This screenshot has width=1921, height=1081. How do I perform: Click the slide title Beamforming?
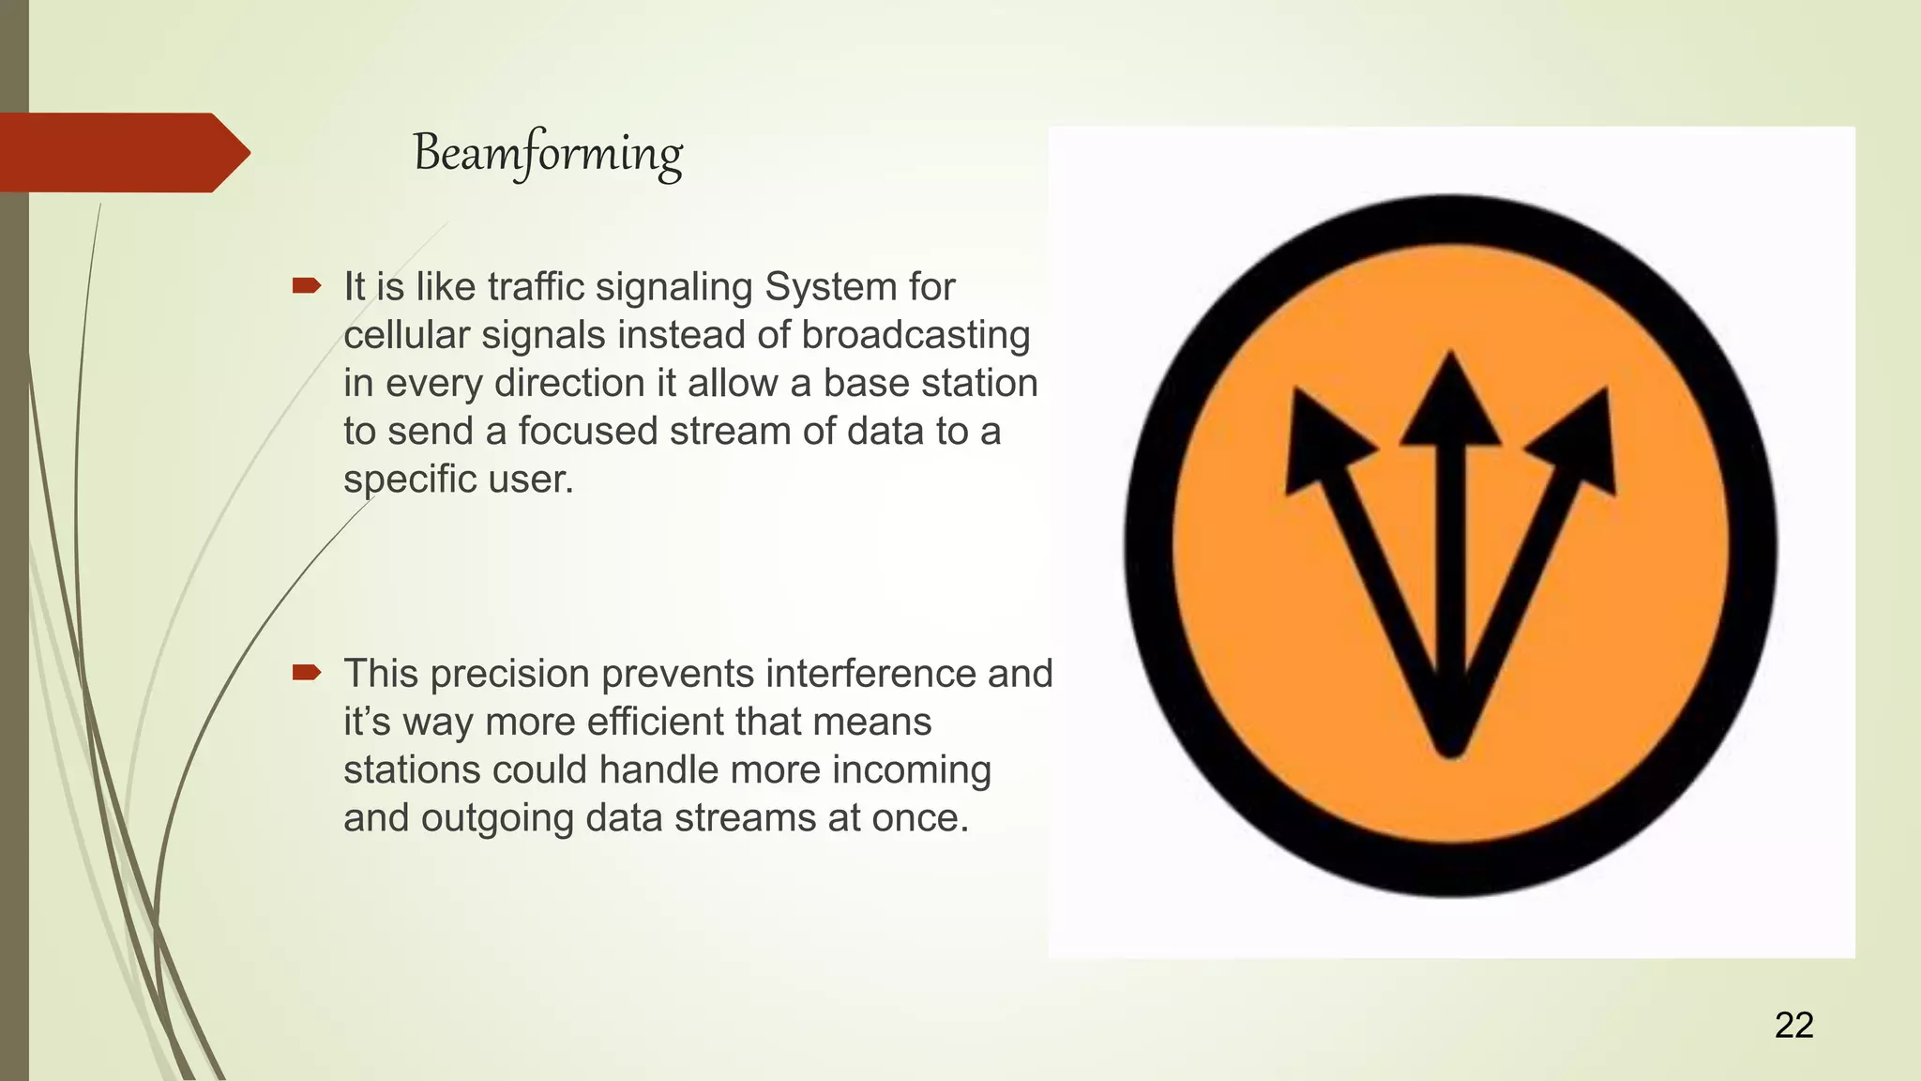[x=548, y=154]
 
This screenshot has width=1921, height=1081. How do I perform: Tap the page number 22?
[x=1793, y=1025]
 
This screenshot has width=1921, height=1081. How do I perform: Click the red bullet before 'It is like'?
[x=307, y=285]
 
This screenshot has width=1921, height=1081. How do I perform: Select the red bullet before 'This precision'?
[x=307, y=672]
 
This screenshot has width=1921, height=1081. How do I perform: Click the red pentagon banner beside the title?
[x=117, y=152]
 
